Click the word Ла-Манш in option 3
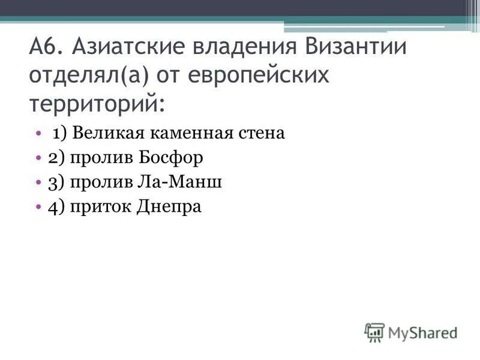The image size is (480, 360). [186, 182]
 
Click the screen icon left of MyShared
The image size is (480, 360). [374, 332]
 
